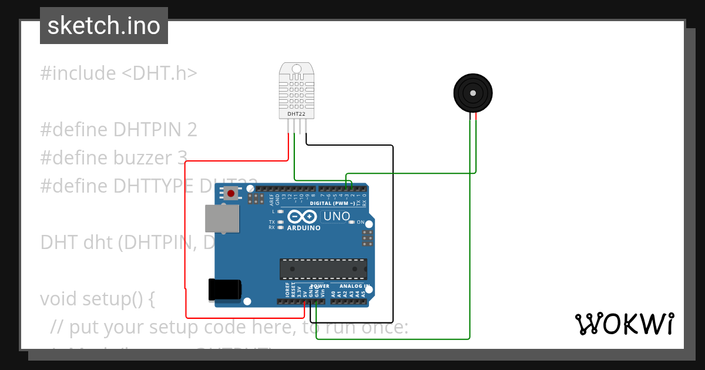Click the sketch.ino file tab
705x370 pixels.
[104, 26]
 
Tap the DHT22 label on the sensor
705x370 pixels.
[296, 113]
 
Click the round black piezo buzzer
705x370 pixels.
[473, 93]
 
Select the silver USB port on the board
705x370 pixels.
[223, 218]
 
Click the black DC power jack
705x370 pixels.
[224, 290]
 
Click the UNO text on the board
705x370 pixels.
[337, 216]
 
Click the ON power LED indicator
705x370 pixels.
[352, 223]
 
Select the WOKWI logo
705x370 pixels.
[624, 324]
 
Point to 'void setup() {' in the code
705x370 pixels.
[98, 299]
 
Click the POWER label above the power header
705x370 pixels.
[320, 287]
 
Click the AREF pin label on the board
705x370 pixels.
[272, 199]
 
